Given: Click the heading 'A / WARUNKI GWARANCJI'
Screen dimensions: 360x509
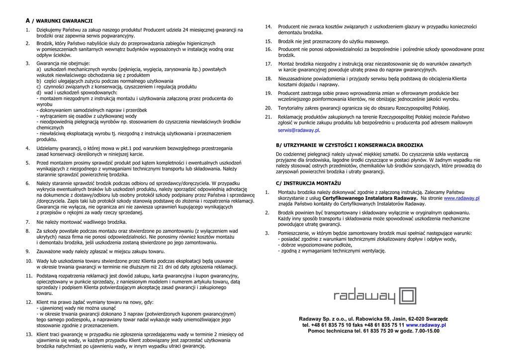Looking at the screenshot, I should click(59, 21).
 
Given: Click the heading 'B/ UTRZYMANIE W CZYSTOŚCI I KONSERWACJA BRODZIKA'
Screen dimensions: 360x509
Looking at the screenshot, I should click(349, 145).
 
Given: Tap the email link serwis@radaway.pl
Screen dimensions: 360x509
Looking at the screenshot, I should click(298, 130).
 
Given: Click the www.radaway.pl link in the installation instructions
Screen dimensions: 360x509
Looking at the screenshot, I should click(461, 198).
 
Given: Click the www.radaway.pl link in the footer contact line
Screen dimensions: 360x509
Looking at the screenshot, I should click(425, 325).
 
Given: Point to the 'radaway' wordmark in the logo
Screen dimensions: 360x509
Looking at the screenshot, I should click(364, 297).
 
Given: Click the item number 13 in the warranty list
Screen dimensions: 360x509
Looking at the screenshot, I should click(29, 335).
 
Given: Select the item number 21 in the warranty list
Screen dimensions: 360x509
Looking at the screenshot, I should click(268, 117).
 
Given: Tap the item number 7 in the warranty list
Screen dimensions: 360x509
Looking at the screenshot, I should click(28, 222).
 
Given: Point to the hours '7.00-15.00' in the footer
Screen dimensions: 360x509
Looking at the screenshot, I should click(426, 331).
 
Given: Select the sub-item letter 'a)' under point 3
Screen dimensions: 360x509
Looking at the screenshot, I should click(39, 69).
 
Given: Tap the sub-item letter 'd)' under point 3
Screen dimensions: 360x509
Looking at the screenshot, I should click(39, 92).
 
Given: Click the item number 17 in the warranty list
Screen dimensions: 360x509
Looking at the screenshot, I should click(268, 64).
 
